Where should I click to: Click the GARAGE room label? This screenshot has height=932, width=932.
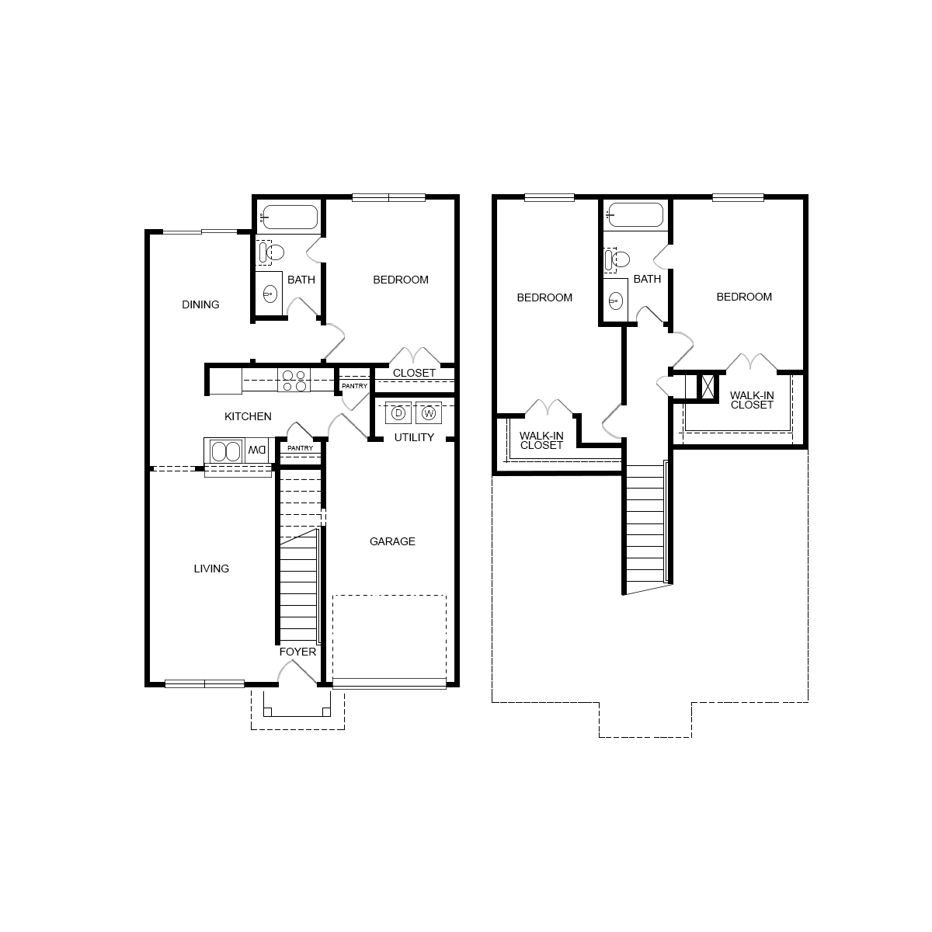[x=392, y=541]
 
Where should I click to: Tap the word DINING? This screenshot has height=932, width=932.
[x=200, y=304]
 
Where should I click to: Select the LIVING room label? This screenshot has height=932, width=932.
[x=211, y=569]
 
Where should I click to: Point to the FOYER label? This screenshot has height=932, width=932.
[x=298, y=652]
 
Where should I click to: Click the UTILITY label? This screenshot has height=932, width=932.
[x=414, y=437]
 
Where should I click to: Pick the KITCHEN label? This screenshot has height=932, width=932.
[x=248, y=416]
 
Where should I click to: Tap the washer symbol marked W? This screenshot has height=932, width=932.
[x=428, y=413]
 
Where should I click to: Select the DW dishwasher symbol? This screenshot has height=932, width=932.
[x=257, y=450]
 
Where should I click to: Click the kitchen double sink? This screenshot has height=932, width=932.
[x=225, y=451]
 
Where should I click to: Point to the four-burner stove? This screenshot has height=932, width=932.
[x=294, y=381]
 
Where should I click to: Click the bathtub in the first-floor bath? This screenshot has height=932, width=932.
[x=289, y=217]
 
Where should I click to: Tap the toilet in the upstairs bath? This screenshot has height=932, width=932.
[x=617, y=259]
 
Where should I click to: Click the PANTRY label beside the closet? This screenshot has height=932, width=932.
[x=354, y=386]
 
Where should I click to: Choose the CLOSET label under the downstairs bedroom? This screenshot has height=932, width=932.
[x=414, y=373]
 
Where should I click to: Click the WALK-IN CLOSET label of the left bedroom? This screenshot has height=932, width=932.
[x=541, y=440]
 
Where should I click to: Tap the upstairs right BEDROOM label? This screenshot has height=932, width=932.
[x=744, y=297]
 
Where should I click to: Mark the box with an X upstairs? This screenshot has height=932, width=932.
[x=708, y=387]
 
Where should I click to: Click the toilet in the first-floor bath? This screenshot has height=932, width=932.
[x=273, y=252]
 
